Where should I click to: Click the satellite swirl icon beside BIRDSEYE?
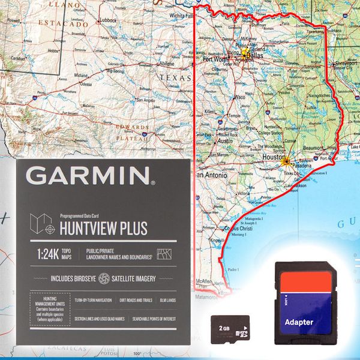click(104, 278)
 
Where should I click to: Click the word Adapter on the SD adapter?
click(299, 322)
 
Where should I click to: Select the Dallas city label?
click(254, 56)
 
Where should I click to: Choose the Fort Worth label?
click(216, 59)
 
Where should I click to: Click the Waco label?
click(239, 97)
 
